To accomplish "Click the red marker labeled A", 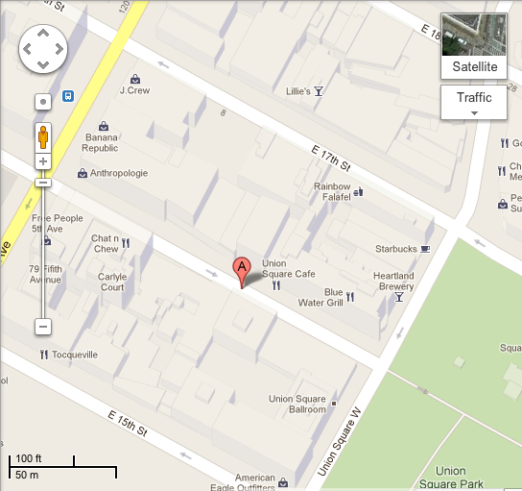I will [x=242, y=268].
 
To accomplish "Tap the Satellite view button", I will [x=473, y=46].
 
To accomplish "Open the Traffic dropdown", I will [x=473, y=102].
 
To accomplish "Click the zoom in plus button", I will [x=43, y=161].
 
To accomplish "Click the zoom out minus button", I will [x=43, y=327].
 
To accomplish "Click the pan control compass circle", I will [x=43, y=47].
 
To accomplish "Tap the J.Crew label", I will [x=136, y=90].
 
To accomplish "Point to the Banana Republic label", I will [x=100, y=142].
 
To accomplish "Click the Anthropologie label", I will [x=119, y=173].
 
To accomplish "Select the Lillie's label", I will [x=298, y=91].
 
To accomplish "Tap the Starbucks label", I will [x=395, y=249].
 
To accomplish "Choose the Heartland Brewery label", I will [x=393, y=281].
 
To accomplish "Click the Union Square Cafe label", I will [x=288, y=268].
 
